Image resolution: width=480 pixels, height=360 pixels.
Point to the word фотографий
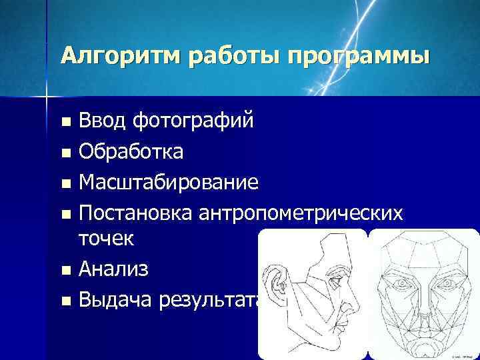[193, 122]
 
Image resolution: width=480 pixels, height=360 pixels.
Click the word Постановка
[135, 213]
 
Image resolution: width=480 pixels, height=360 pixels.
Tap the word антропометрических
[299, 213]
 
